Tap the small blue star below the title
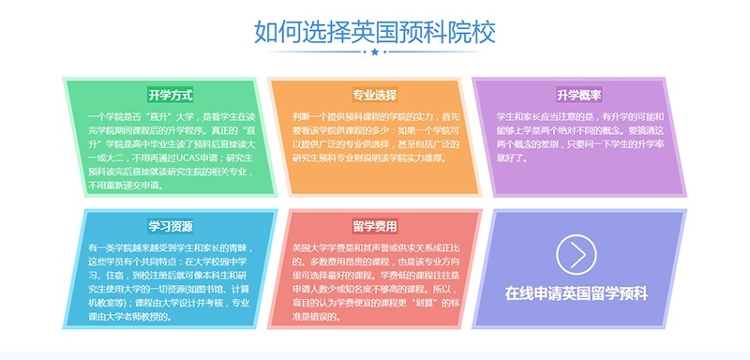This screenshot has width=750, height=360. pos(375,53)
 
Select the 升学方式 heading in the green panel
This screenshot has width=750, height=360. pos(171,95)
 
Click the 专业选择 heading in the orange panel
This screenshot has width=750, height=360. pos(375,95)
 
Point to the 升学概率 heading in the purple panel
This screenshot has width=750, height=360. pos(578,95)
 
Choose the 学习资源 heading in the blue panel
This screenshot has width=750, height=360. pos(171,226)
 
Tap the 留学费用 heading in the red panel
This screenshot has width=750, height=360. pos(375,226)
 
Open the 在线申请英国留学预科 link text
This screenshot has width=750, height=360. pos(577,292)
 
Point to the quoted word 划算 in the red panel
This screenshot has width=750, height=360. pos(428,304)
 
